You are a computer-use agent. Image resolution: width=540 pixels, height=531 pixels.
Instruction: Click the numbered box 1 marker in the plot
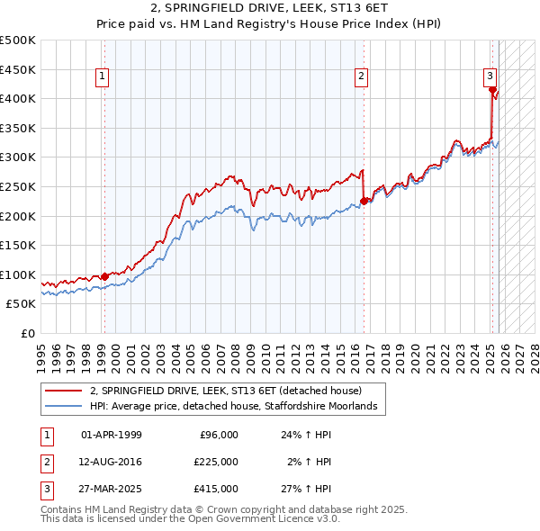[103, 77]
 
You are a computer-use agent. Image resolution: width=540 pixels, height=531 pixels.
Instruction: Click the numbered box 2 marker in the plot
[361, 77]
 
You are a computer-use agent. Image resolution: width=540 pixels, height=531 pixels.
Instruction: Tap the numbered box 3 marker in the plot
[490, 77]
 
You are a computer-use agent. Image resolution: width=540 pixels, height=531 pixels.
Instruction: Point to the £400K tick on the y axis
[18, 99]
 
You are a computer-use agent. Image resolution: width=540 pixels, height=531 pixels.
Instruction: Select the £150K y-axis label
[18, 245]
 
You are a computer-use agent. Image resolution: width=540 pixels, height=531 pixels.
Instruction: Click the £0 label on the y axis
[28, 333]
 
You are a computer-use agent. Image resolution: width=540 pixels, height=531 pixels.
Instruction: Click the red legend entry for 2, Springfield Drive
[225, 391]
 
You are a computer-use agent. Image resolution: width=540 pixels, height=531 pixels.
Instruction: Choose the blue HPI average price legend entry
[238, 406]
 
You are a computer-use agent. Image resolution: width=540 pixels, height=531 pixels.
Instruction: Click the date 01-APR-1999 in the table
[112, 435]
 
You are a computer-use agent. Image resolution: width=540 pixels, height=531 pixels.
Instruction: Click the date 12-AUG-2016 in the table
[112, 462]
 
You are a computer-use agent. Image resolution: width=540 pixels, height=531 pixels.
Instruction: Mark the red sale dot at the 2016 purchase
[364, 202]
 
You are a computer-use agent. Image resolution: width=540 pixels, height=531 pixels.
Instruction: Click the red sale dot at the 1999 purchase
[104, 276]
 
